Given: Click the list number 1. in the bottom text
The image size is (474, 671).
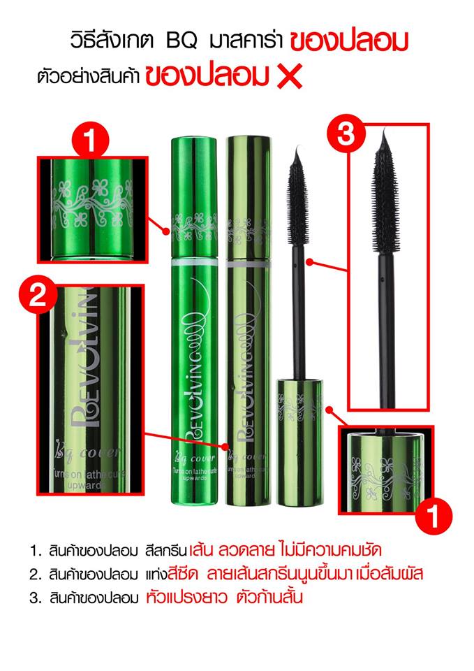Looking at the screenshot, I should point(35,549).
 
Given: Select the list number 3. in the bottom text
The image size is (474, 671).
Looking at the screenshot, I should point(35,597).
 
